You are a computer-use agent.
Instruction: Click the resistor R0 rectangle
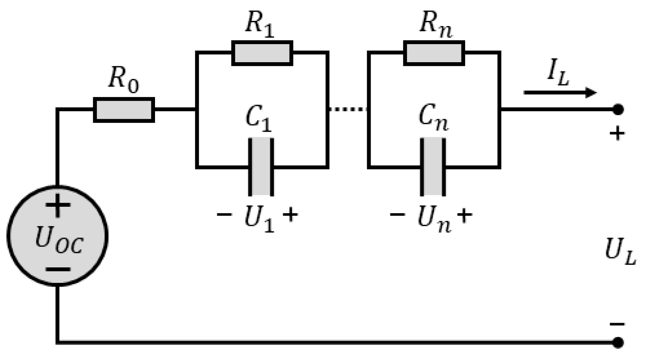click(124, 110)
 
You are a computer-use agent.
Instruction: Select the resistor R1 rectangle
click(262, 53)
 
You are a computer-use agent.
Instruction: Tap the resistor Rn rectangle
click(434, 53)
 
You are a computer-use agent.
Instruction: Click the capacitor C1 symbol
click(261, 167)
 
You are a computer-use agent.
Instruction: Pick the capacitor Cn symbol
click(433, 167)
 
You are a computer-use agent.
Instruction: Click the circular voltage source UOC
click(57, 236)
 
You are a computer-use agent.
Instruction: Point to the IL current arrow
click(560, 93)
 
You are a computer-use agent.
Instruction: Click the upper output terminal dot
click(618, 109)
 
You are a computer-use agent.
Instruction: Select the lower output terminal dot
click(618, 342)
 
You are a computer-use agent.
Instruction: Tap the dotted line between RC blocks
click(348, 109)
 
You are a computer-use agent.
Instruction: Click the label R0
click(124, 79)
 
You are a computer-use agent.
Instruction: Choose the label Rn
click(435, 24)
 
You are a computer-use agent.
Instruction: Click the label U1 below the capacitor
click(259, 219)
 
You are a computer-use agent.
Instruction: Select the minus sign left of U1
click(225, 214)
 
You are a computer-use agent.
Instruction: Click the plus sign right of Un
click(464, 215)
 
